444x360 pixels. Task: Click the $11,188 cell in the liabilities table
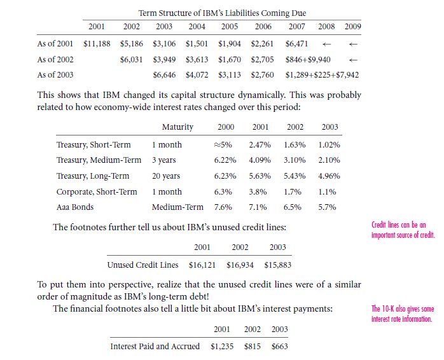click(97, 44)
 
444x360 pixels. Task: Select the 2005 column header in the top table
click(230, 27)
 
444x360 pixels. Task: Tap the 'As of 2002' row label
click(55, 60)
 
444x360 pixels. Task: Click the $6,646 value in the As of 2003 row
click(164, 75)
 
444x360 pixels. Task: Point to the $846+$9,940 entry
click(308, 60)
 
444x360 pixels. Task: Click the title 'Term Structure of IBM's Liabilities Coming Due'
click(222, 13)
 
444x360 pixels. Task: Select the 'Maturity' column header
click(177, 127)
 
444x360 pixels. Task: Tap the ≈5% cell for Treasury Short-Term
click(223, 145)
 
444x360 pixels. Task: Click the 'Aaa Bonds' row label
click(75, 207)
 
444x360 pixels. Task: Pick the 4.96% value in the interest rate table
click(329, 176)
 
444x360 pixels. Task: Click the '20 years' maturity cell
click(166, 176)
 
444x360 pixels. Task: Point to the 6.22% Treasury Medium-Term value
click(225, 160)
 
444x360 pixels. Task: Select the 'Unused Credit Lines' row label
click(142, 265)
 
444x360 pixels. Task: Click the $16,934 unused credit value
click(240, 265)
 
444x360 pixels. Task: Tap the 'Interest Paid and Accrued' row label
click(155, 346)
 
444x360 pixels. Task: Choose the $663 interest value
click(279, 347)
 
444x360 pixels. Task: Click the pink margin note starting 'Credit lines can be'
click(403, 230)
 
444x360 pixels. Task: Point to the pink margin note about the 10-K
click(403, 314)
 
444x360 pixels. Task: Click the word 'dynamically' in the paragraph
click(261, 95)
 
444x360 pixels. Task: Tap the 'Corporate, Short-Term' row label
click(97, 191)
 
